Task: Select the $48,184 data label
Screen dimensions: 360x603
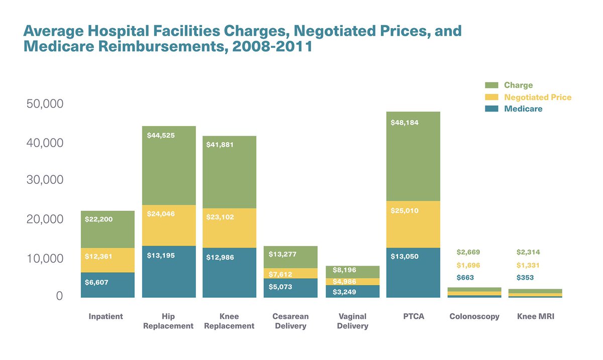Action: (x=405, y=123)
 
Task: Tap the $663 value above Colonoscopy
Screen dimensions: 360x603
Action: (x=465, y=278)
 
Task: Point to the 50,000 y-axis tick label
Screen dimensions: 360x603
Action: (x=45, y=104)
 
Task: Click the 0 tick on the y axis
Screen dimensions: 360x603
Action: (x=59, y=296)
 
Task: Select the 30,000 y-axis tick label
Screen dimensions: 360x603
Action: (x=45, y=180)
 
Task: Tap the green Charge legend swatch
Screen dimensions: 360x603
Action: (x=492, y=85)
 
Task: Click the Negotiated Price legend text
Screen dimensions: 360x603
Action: (x=538, y=97)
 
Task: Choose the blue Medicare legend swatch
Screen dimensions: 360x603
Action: (x=492, y=108)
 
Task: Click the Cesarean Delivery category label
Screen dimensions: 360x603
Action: (x=290, y=321)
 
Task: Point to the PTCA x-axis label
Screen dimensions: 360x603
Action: (x=413, y=317)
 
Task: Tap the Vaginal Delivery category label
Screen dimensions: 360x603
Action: (x=352, y=321)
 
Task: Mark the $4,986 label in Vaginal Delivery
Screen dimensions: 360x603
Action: (x=344, y=281)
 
